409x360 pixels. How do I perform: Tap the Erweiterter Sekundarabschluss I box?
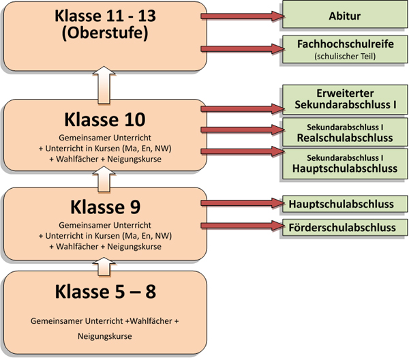click(344, 100)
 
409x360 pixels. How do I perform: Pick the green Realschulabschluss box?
click(344, 132)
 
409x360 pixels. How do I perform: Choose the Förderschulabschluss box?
click(344, 227)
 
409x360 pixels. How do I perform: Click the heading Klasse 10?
click(105, 119)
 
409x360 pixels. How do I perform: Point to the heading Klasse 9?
click(105, 206)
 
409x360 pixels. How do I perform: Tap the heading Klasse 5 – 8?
click(105, 292)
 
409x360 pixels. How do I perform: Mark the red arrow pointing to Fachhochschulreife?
click(241, 49)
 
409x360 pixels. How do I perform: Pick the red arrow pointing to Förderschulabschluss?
click(241, 225)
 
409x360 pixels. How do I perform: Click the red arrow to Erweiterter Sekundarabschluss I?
click(241, 106)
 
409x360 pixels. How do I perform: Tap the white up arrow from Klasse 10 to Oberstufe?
click(105, 85)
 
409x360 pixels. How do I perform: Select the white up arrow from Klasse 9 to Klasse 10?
click(105, 178)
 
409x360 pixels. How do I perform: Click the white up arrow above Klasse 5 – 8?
click(105, 265)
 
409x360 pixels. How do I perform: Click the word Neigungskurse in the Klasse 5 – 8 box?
click(105, 337)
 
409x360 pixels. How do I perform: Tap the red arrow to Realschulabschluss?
click(241, 129)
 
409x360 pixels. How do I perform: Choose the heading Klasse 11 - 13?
click(105, 16)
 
